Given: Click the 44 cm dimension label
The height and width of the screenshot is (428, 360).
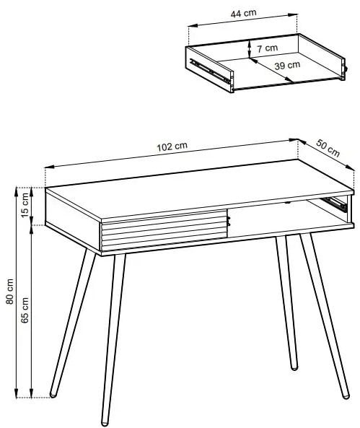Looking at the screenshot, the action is click(x=243, y=14).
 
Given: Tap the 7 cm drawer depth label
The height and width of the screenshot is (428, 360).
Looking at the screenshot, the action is click(x=268, y=48).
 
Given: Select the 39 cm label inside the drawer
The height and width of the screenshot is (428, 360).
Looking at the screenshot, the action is click(x=287, y=66).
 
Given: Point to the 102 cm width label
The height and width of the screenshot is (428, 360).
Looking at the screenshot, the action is click(x=172, y=147).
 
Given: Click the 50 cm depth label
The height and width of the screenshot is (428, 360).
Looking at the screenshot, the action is click(x=328, y=148).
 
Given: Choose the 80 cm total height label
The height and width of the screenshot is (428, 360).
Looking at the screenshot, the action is click(x=10, y=292).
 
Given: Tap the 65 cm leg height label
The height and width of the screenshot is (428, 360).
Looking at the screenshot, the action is click(x=25, y=310).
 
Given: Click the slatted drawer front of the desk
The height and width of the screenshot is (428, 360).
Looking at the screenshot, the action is click(x=164, y=230).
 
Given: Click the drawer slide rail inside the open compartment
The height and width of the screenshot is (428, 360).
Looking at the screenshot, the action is click(x=334, y=203).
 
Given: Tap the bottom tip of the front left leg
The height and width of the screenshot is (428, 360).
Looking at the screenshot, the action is click(x=105, y=424).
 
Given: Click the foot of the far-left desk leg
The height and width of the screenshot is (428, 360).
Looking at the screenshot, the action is click(x=53, y=394).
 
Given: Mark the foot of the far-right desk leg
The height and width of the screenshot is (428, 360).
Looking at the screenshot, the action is click(x=346, y=396).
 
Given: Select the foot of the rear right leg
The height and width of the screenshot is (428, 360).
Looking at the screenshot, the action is click(x=294, y=367).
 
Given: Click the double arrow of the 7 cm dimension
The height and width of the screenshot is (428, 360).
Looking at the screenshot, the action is click(x=249, y=49).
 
